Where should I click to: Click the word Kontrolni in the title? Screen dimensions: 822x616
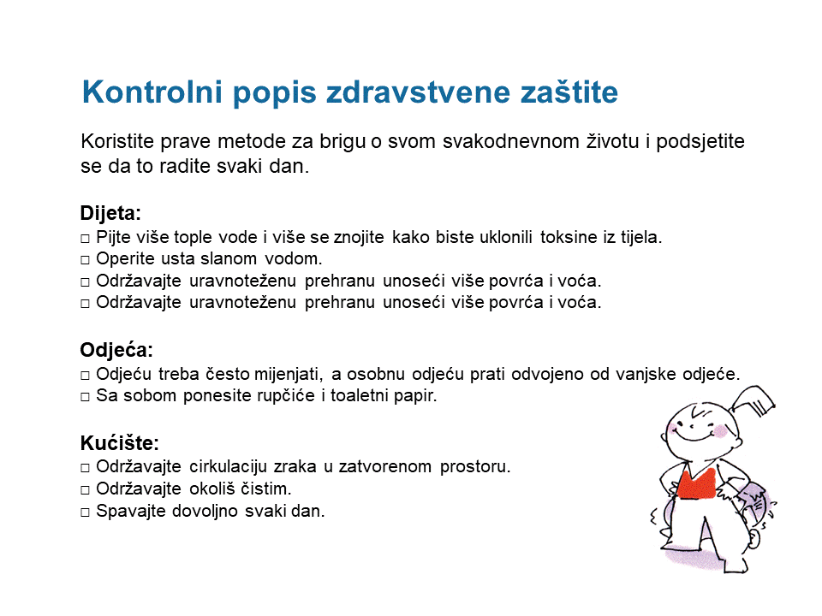point(152,92)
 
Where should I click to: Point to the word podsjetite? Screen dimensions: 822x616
point(700,142)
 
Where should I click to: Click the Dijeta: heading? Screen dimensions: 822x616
point(110,213)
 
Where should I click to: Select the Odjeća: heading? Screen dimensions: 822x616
point(116,349)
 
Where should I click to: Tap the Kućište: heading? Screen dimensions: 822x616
point(120,443)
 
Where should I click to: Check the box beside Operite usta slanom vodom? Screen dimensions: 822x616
point(85,260)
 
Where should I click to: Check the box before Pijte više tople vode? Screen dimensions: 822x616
point(85,239)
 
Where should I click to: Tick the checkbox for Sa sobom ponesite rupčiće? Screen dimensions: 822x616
point(85,396)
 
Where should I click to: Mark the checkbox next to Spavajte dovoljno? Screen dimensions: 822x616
point(85,512)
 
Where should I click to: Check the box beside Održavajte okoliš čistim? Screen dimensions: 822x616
point(85,490)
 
